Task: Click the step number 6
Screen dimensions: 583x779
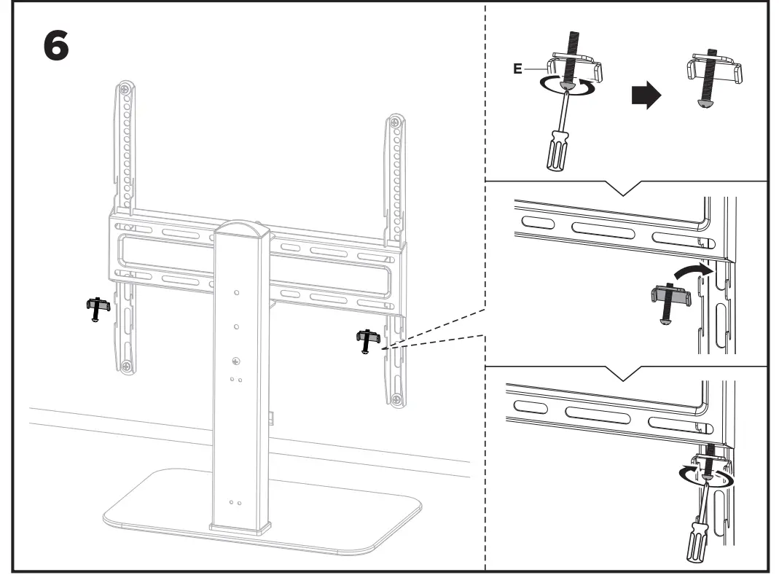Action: pyautogui.click(x=57, y=47)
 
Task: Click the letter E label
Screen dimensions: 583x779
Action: pyautogui.click(x=518, y=69)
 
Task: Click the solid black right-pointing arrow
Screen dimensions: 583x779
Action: pyautogui.click(x=644, y=95)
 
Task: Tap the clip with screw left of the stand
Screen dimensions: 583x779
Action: pyautogui.click(x=97, y=308)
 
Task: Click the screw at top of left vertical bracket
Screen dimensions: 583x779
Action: pyautogui.click(x=126, y=89)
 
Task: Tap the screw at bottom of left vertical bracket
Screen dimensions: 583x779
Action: pyautogui.click(x=127, y=365)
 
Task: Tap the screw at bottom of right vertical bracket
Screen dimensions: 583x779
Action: pyautogui.click(x=394, y=399)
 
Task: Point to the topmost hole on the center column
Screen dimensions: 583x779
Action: pyautogui.click(x=237, y=291)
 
